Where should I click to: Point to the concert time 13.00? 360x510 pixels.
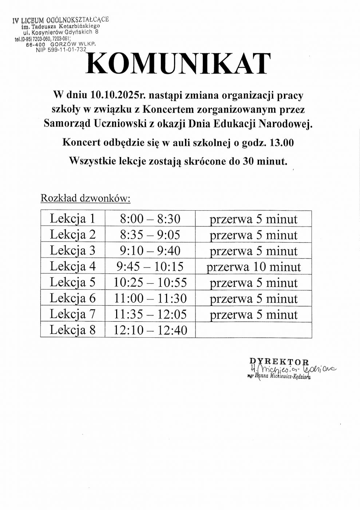point(281,143)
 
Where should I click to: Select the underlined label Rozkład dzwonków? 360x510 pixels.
point(85,198)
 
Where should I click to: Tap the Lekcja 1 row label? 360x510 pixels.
point(72,219)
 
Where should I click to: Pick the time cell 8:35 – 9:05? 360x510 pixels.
point(150,235)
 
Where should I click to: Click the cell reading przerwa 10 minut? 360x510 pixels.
point(254,267)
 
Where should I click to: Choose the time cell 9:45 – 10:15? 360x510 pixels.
point(150,267)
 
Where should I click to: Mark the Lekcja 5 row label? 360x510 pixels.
point(72,282)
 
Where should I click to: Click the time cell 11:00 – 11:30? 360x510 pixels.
point(150,299)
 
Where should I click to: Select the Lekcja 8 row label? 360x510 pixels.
point(72,330)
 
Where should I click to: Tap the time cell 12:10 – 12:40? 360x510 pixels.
point(150,330)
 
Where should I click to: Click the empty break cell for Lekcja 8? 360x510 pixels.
point(253,330)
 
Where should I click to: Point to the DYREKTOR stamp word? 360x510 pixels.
point(279,361)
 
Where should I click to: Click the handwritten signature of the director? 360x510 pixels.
point(291,369)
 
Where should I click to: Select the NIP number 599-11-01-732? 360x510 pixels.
point(61,50)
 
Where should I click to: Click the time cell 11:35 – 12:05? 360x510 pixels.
point(150,314)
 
